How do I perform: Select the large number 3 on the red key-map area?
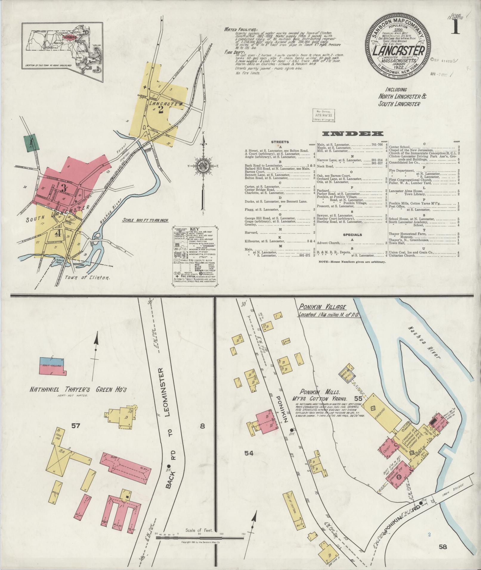click(x=63, y=188)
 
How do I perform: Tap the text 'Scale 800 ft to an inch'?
click(x=145, y=220)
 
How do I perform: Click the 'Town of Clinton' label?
click(x=87, y=277)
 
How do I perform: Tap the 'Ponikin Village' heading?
click(x=323, y=307)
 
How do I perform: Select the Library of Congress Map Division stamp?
click(x=324, y=115)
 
